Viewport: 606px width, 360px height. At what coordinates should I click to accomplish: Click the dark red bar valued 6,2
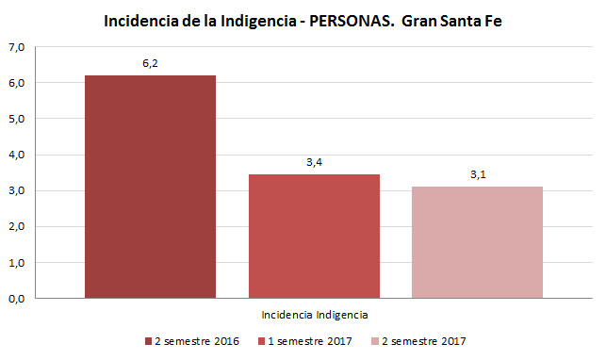[151, 187]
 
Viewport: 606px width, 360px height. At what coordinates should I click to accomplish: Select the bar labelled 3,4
[314, 237]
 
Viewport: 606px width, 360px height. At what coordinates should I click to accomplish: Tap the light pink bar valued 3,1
[477, 242]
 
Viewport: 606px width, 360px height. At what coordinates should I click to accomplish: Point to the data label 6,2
[151, 63]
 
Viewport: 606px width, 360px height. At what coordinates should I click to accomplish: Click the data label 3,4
[314, 162]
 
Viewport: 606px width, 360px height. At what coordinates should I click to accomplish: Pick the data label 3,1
[478, 174]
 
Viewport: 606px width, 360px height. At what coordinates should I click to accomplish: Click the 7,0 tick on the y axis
[17, 47]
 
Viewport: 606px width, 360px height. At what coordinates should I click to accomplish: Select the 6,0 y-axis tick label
[17, 83]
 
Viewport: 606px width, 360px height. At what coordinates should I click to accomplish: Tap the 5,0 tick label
[17, 119]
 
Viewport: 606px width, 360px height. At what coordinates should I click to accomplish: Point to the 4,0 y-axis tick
[17, 155]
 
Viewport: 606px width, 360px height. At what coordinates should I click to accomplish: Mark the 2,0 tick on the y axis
[17, 227]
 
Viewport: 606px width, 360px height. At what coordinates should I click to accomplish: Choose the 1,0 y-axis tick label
[17, 263]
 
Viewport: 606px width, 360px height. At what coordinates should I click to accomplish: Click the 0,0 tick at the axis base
[17, 299]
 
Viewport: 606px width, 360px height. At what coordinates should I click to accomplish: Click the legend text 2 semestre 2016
[197, 341]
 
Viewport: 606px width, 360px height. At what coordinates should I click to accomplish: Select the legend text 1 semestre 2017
[310, 341]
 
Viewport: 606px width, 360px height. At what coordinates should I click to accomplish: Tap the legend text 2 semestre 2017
[424, 341]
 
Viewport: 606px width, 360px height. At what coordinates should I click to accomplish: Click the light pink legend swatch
[375, 341]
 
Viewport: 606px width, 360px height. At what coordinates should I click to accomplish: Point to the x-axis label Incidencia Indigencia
[315, 315]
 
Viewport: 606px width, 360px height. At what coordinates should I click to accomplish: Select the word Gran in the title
[419, 22]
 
